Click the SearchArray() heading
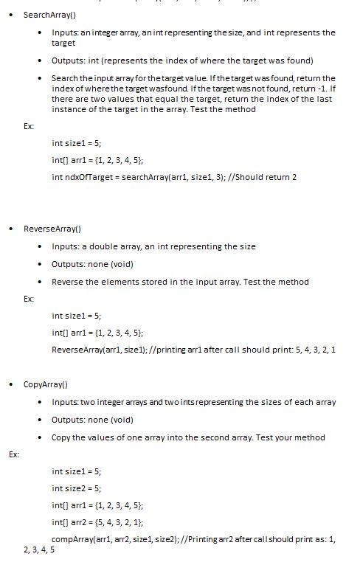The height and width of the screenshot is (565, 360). [x=52, y=15]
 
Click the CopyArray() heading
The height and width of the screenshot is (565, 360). [x=46, y=384]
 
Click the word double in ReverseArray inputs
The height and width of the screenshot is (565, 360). [x=100, y=246]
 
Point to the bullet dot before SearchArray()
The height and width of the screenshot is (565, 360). [x=11, y=15]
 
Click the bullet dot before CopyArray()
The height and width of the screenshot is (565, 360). [x=11, y=384]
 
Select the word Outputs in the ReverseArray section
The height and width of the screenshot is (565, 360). [x=67, y=264]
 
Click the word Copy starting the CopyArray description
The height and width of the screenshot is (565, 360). [x=62, y=437]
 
